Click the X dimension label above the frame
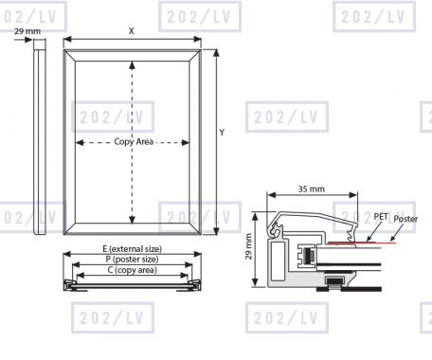pyautogui.click(x=131, y=31)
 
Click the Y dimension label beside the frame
pyautogui.click(x=222, y=133)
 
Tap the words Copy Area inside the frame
pyautogui.click(x=134, y=141)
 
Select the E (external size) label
pyautogui.click(x=132, y=249)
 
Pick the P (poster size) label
pyautogui.click(x=132, y=260)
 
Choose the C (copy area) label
pyautogui.click(x=132, y=270)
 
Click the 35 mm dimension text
pyautogui.click(x=312, y=189)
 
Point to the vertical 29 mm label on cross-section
pyautogui.click(x=249, y=246)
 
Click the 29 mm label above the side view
pyautogui.click(x=27, y=31)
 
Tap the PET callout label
pyautogui.click(x=381, y=217)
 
